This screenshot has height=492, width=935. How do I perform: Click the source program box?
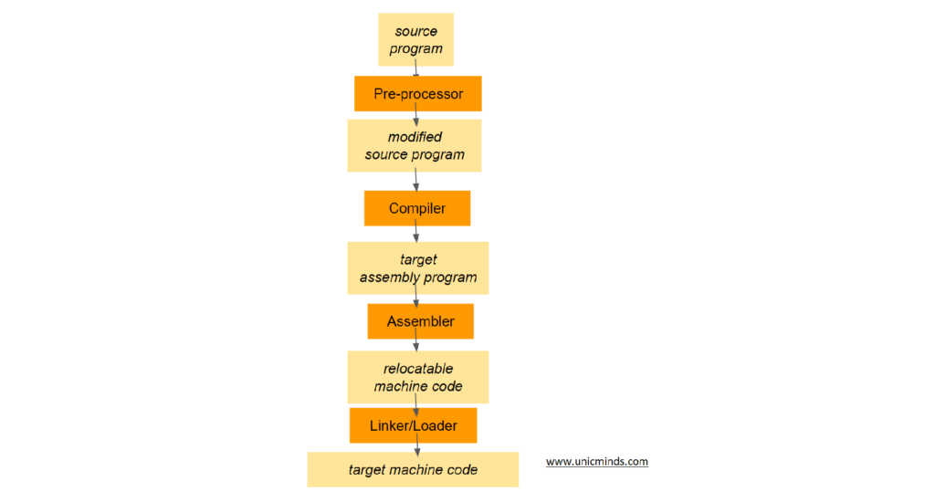click(x=415, y=39)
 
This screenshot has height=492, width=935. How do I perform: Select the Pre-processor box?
click(x=417, y=93)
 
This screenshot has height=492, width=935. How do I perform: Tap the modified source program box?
click(x=415, y=146)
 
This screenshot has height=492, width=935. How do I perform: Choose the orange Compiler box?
click(x=417, y=208)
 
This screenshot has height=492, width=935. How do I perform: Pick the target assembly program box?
click(x=417, y=267)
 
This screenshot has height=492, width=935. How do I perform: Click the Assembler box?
click(x=420, y=321)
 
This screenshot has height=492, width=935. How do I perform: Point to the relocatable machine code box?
click(x=417, y=377)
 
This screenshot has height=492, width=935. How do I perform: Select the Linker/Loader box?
click(x=413, y=425)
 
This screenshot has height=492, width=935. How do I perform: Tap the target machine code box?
click(x=413, y=469)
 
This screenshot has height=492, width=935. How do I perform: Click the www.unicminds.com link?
click(x=597, y=462)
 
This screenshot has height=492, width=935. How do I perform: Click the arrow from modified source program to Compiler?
click(x=416, y=181)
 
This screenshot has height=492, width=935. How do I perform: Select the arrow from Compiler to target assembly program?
click(x=416, y=234)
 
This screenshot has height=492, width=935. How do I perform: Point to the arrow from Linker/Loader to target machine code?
click(x=417, y=447)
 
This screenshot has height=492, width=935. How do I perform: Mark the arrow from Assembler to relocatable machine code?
click(x=416, y=344)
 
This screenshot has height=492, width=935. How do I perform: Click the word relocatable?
click(x=418, y=369)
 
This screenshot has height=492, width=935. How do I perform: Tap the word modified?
click(x=415, y=137)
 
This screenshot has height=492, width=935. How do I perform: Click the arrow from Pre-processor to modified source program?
click(x=416, y=116)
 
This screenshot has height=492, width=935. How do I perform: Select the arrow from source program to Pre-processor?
click(x=416, y=71)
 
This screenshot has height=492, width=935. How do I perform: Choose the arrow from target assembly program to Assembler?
click(x=416, y=298)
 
